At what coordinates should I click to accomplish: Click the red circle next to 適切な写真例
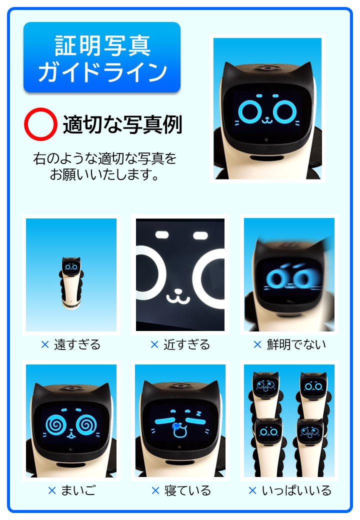point(40,124)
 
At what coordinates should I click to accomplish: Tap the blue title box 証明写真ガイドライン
point(102,57)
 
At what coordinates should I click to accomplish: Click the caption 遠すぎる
point(77,344)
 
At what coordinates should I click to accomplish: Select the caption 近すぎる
point(186,344)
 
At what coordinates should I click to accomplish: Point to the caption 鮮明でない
point(296,344)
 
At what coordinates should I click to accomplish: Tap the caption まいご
point(78,490)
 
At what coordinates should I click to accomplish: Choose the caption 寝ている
point(187,490)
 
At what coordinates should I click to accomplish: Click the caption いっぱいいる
point(296,490)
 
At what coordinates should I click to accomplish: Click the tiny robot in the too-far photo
point(71,283)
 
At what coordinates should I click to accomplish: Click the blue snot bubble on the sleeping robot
point(176,426)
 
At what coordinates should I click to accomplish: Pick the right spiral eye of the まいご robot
point(86,425)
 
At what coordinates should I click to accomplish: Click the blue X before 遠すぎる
point(45,345)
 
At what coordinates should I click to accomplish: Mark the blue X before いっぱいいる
point(252,490)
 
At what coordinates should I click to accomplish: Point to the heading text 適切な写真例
point(122,124)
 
